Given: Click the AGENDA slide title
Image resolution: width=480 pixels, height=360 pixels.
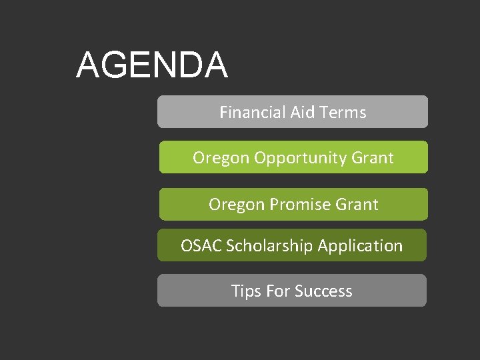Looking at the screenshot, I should click(x=152, y=65).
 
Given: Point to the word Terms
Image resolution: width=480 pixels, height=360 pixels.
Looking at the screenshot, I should click(x=343, y=112).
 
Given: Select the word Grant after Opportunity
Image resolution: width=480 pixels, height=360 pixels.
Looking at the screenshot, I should click(x=371, y=158).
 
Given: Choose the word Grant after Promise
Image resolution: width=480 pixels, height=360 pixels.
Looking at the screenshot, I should click(x=356, y=204).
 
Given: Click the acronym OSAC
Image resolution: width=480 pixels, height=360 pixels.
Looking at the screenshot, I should click(x=201, y=245).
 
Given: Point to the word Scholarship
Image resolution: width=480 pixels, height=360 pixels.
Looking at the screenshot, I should click(x=270, y=246).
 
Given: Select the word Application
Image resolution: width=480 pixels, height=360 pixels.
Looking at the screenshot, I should click(x=361, y=246).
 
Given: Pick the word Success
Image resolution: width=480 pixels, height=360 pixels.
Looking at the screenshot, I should click(x=323, y=291).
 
